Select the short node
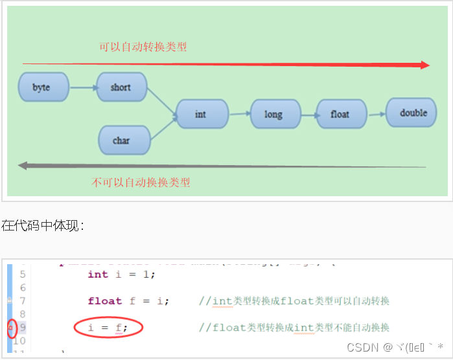(x=121, y=87)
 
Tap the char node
(x=122, y=141)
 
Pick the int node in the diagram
(x=202, y=114)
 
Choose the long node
(x=274, y=114)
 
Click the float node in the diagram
(x=340, y=114)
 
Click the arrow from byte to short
(x=82, y=87)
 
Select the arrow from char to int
(x=163, y=129)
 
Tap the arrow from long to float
(x=308, y=115)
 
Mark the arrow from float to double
(x=375, y=114)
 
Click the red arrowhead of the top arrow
(x=425, y=65)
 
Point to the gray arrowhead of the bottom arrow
(x=23, y=166)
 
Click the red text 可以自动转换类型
(x=143, y=47)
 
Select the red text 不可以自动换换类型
(x=141, y=182)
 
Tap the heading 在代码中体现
(x=42, y=225)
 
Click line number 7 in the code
(x=23, y=301)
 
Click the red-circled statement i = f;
(x=108, y=328)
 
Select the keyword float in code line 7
(x=104, y=300)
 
